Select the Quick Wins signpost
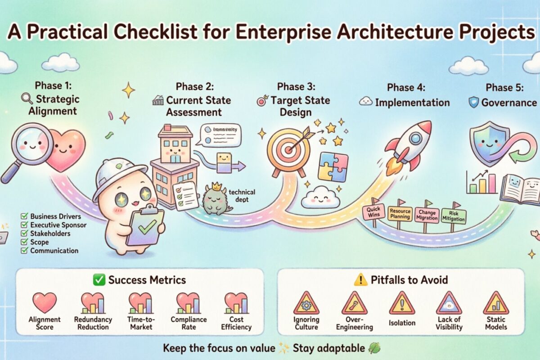coord(373,212)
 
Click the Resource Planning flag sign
coord(400,213)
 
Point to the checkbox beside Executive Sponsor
coord(25,224)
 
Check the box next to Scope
coord(25,242)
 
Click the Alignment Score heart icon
coord(45,302)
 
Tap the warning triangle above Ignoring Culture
coord(306,303)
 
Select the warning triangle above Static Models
coord(496,303)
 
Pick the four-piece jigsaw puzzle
coord(333,166)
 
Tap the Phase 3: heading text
coord(296,86)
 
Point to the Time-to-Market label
coord(140,323)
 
